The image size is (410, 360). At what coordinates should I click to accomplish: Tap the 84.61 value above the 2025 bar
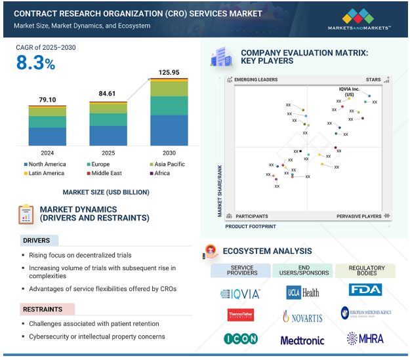(x=108, y=94)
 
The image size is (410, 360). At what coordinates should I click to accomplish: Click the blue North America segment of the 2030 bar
(x=169, y=130)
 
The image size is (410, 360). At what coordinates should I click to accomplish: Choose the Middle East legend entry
(x=107, y=173)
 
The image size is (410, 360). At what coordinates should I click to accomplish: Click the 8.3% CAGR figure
(x=37, y=63)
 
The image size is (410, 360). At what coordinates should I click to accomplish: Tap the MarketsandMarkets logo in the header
(x=359, y=20)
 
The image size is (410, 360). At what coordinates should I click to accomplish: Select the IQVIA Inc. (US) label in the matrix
(x=350, y=91)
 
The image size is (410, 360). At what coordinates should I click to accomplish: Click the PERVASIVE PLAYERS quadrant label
(x=359, y=216)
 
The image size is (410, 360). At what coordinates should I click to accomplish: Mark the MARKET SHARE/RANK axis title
(x=220, y=190)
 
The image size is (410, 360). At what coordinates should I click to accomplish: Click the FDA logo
(x=365, y=290)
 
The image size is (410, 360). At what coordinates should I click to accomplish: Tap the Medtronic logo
(x=302, y=340)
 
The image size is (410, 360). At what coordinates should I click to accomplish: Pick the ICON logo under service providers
(x=240, y=339)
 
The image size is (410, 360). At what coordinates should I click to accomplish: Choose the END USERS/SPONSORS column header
(x=302, y=270)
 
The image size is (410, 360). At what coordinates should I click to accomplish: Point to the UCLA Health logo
(x=302, y=292)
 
